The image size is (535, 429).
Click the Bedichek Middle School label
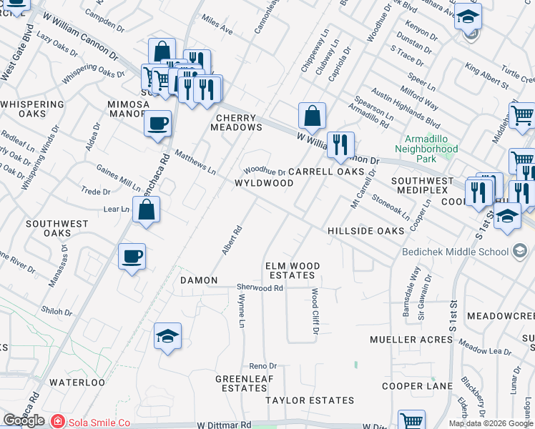click(453, 251)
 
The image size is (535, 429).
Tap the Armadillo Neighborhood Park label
click(431, 144)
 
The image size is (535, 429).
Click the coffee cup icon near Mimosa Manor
click(157, 122)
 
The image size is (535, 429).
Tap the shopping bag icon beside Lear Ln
click(146, 210)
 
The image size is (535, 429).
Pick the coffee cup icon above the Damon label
click(132, 257)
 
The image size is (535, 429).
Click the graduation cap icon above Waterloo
click(167, 337)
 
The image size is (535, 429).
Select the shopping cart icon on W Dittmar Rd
click(411, 420)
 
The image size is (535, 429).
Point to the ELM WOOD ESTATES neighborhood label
click(292, 270)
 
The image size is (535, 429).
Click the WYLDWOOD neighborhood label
click(264, 183)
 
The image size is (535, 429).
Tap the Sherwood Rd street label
click(260, 287)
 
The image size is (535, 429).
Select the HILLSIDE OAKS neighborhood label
click(360, 232)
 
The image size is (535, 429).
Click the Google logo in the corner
click(24, 421)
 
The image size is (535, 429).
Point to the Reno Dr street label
click(262, 365)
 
